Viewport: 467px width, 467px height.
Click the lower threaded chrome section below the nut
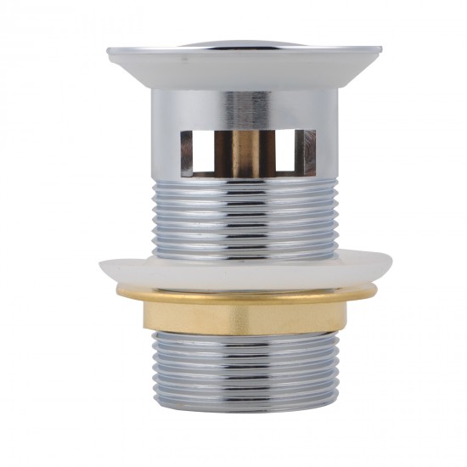tap(247, 374)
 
